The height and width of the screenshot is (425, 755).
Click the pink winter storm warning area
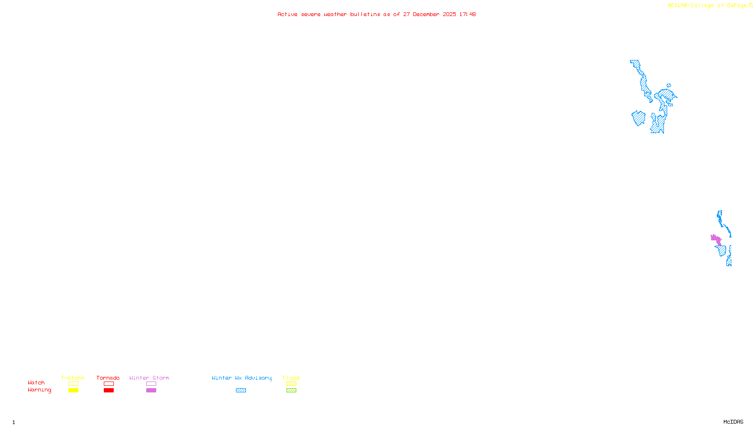click(x=716, y=239)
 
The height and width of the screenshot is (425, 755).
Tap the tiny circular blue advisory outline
click(x=669, y=85)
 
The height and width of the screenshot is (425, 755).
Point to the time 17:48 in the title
click(x=467, y=14)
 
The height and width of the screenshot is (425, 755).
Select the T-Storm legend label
click(x=73, y=378)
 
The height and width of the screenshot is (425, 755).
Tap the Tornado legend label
click(x=108, y=378)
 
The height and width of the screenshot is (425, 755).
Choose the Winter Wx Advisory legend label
click(x=242, y=378)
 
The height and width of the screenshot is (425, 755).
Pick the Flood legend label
click(x=291, y=378)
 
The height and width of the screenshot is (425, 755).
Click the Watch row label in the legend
click(x=36, y=382)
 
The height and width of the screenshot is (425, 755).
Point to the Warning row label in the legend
click(x=40, y=390)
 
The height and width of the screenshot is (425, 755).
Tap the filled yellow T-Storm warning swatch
click(x=73, y=391)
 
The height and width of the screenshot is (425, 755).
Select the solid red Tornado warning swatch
click(x=109, y=391)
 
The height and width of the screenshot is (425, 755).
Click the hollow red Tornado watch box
click(x=109, y=384)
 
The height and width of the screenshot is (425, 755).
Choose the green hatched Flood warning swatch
click(x=291, y=391)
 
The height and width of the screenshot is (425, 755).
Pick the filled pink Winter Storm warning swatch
click(x=151, y=391)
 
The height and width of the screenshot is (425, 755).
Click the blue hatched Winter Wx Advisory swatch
click(x=241, y=391)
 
